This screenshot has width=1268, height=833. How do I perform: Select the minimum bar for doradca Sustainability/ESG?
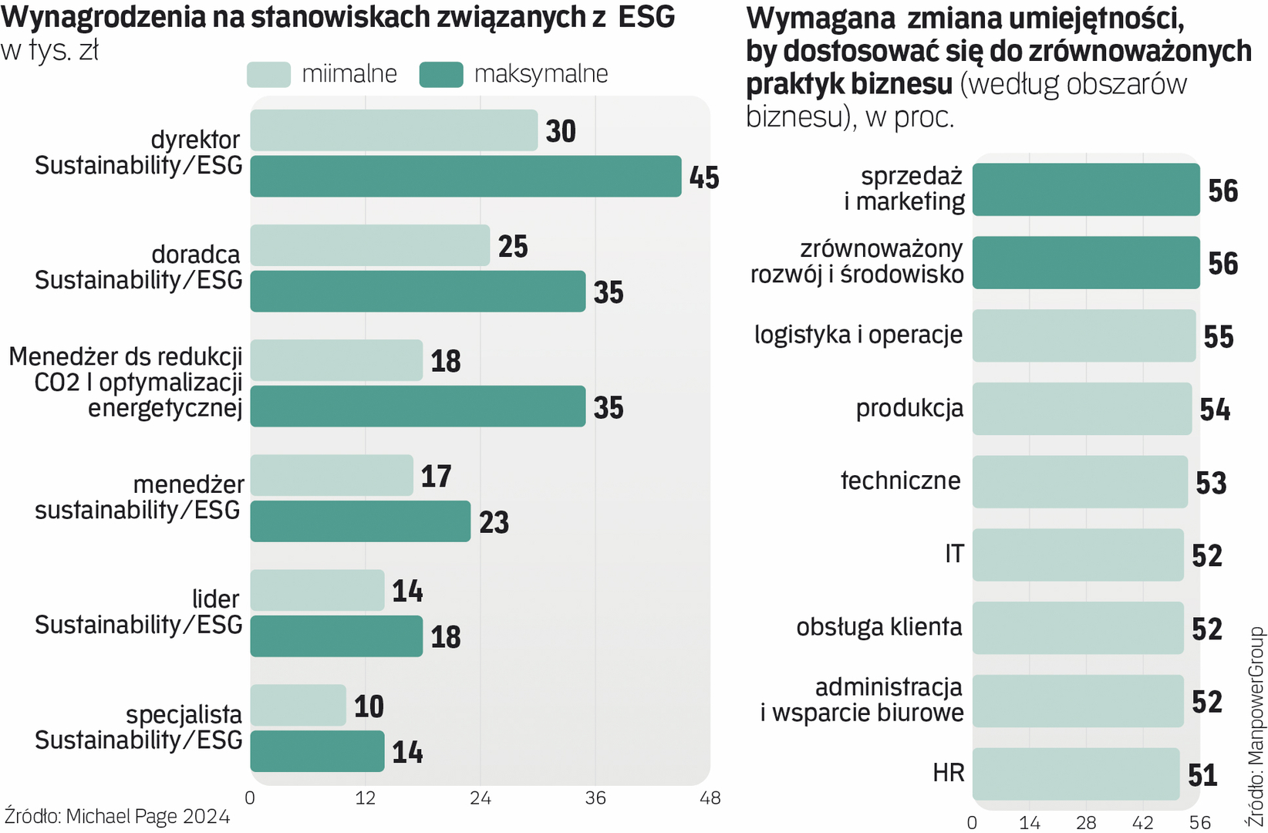click(x=369, y=245)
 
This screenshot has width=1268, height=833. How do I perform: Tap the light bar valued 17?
click(x=331, y=475)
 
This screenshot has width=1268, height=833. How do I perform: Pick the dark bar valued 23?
click(x=359, y=521)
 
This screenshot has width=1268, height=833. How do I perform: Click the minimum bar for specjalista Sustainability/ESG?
click(x=298, y=705)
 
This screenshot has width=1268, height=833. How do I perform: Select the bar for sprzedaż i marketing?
click(x=1085, y=190)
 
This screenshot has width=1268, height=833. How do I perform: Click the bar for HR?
click(x=1075, y=774)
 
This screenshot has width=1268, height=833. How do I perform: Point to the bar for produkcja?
click(x=1081, y=409)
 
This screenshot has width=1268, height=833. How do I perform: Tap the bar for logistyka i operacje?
click(x=1084, y=336)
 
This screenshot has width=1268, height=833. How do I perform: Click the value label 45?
click(x=704, y=177)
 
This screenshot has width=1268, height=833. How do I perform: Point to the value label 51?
click(x=1202, y=775)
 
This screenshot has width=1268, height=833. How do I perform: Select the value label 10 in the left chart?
click(x=369, y=707)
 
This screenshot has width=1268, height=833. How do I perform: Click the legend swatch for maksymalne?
click(x=441, y=75)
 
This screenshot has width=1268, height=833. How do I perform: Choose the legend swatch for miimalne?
click(x=268, y=75)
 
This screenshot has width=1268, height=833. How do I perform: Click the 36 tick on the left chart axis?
click(x=595, y=798)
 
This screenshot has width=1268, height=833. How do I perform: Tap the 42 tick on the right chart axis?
click(x=1142, y=823)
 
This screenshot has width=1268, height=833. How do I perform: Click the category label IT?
click(x=954, y=554)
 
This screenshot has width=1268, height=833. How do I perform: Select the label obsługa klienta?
click(x=879, y=627)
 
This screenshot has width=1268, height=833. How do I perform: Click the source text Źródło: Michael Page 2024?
click(x=117, y=816)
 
